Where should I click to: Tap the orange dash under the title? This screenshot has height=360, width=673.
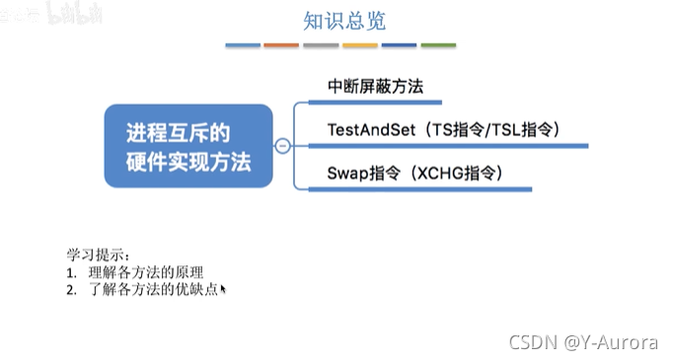point(281,45)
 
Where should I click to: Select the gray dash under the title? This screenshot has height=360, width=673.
point(321,45)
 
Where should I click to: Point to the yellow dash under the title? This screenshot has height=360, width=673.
point(360,45)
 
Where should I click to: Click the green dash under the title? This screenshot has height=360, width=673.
point(438,45)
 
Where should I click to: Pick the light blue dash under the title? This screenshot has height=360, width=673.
point(243,45)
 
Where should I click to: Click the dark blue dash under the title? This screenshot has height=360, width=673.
point(399,45)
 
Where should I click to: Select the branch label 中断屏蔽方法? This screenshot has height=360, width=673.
point(375,87)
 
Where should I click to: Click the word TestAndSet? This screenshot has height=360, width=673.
point(367,129)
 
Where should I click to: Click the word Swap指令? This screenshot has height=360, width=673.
point(362,172)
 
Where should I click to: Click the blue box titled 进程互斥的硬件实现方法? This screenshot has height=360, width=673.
point(188,144)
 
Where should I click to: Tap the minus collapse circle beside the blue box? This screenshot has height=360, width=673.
point(282,145)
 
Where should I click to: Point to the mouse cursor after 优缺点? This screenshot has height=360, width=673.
point(224,289)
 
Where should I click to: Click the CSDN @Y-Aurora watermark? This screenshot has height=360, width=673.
point(582,342)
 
